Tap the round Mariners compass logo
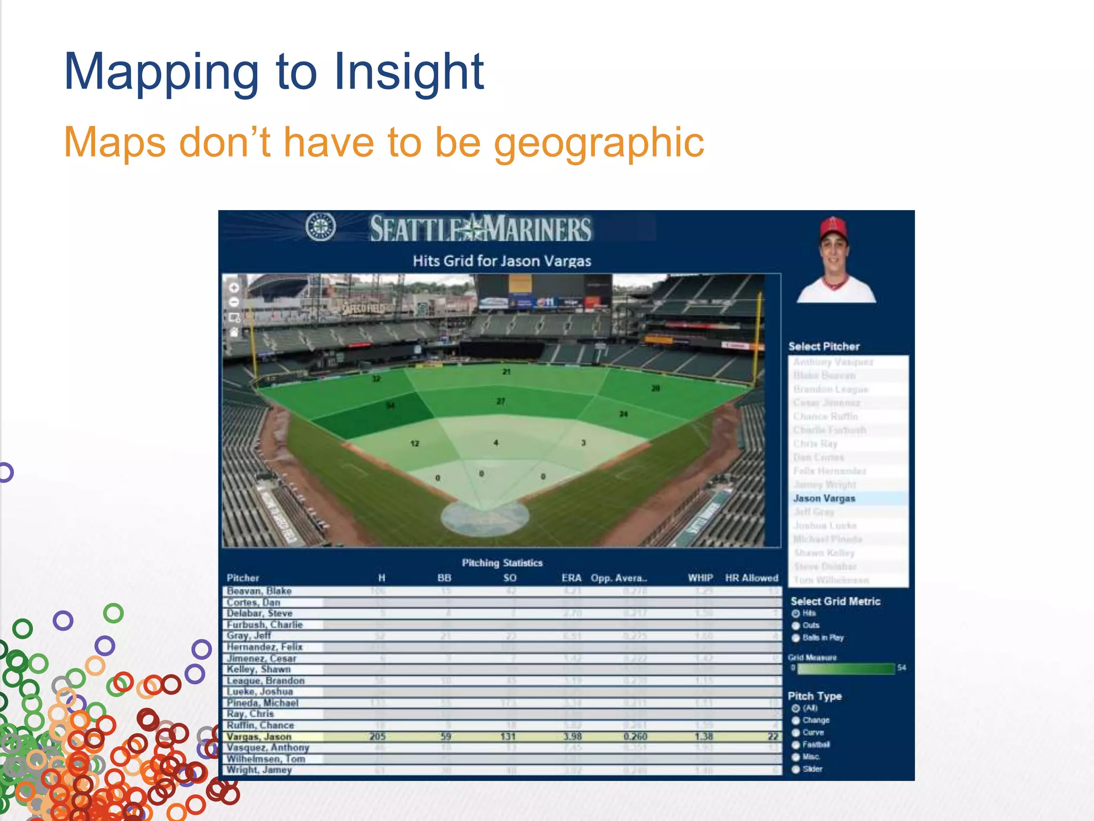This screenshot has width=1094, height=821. pyautogui.click(x=321, y=227)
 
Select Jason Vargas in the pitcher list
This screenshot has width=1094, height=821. pyautogui.click(x=824, y=498)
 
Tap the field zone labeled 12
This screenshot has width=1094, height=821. pyautogui.click(x=415, y=443)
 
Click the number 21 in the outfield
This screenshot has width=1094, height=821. pyautogui.click(x=506, y=371)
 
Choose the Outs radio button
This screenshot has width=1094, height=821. pyautogui.click(x=796, y=625)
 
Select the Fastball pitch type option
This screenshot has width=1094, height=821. pyautogui.click(x=796, y=745)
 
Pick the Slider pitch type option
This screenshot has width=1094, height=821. pyautogui.click(x=796, y=769)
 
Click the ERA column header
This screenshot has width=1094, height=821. pyautogui.click(x=571, y=578)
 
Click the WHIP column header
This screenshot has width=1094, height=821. pyautogui.click(x=700, y=578)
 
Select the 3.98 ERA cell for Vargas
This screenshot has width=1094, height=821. pyautogui.click(x=572, y=737)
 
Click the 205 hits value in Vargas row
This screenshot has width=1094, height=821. pyautogui.click(x=377, y=737)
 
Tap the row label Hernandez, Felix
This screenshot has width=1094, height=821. pyautogui.click(x=264, y=647)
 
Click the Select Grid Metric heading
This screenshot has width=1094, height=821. pyautogui.click(x=835, y=601)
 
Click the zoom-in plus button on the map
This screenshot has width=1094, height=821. pyautogui.click(x=234, y=288)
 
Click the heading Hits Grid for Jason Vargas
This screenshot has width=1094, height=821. pyautogui.click(x=502, y=261)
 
